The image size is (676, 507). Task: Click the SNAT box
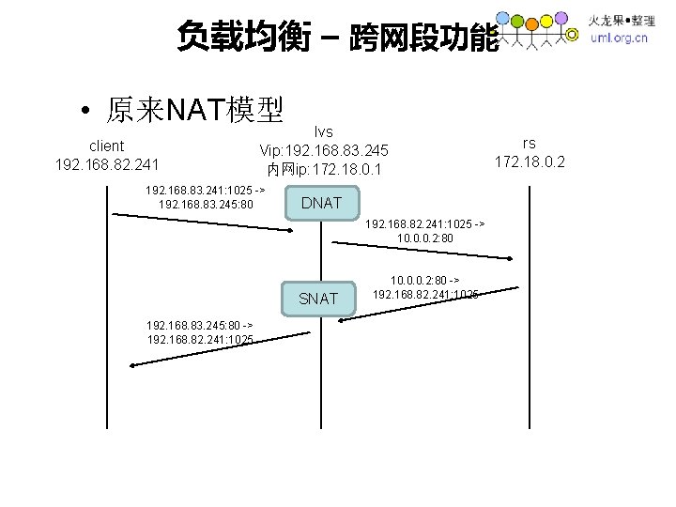317,299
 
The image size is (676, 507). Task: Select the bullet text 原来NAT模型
194,111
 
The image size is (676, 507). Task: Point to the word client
106,146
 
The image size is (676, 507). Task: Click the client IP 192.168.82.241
106,165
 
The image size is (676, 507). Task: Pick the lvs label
324,131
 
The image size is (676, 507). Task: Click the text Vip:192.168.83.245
324,150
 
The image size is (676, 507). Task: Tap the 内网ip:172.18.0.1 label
324,169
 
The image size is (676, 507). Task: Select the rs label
530,143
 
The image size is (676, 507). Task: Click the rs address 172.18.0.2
530,161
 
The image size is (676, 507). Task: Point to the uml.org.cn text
618,38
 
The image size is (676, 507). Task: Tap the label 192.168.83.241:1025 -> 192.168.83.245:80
206,196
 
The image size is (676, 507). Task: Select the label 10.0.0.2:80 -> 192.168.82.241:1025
425,286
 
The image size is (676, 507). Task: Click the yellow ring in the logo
573,35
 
